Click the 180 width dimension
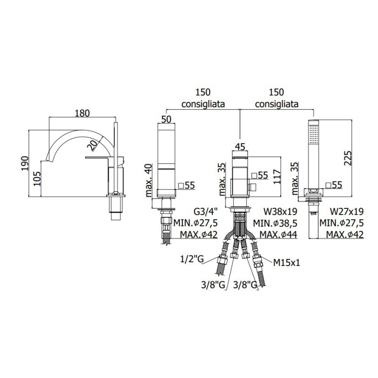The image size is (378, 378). [x=82, y=113]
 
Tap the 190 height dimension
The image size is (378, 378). [x=25, y=163]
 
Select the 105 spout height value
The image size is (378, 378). [x=37, y=179]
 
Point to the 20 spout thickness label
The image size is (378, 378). [x=92, y=146]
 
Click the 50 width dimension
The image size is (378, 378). [x=166, y=119]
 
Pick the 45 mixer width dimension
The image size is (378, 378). [x=240, y=146]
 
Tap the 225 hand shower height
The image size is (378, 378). [x=348, y=158]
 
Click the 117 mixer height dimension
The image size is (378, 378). [x=277, y=177]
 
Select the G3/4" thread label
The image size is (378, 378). [x=206, y=212]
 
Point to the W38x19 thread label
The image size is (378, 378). [x=281, y=212]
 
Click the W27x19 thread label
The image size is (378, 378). [x=347, y=212]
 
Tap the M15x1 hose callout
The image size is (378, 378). [x=287, y=263]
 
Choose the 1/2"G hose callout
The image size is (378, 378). [x=192, y=259]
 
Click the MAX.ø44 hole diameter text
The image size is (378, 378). [x=278, y=234]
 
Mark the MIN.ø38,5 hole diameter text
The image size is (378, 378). [x=275, y=223]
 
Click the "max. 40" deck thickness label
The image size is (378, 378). [x=149, y=180]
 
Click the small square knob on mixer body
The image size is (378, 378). [x=253, y=187]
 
